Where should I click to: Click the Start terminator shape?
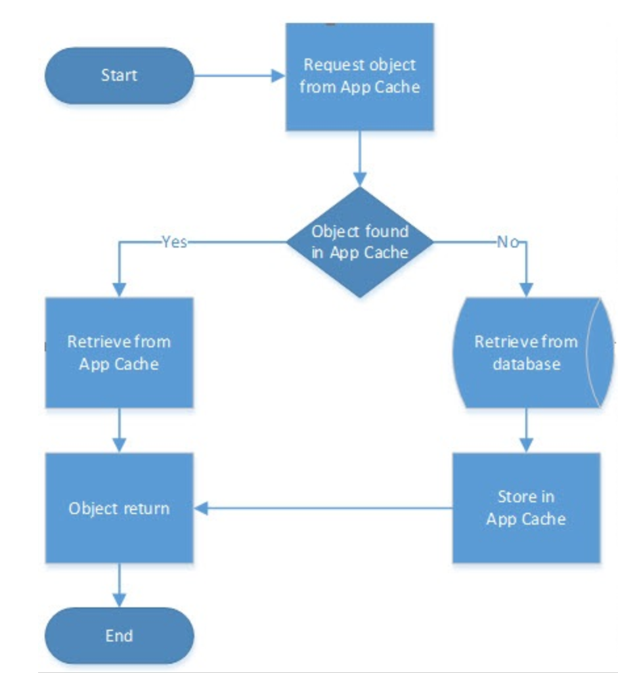(120, 76)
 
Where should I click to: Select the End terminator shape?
(120, 636)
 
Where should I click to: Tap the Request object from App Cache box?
(359, 76)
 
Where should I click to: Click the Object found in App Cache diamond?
(359, 242)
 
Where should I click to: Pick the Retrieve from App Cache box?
(119, 353)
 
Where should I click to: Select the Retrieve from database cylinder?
(525, 353)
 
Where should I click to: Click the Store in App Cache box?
(526, 508)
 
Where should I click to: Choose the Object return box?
(119, 508)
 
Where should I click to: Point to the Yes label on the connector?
(174, 242)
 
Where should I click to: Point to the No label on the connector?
(507, 242)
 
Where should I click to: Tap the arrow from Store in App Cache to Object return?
(322, 508)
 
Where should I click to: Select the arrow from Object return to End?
(119, 584)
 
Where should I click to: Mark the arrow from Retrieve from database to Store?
(525, 430)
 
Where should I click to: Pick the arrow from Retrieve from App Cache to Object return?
(119, 430)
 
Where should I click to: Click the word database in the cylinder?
(526, 364)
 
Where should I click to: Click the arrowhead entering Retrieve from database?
(525, 290)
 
